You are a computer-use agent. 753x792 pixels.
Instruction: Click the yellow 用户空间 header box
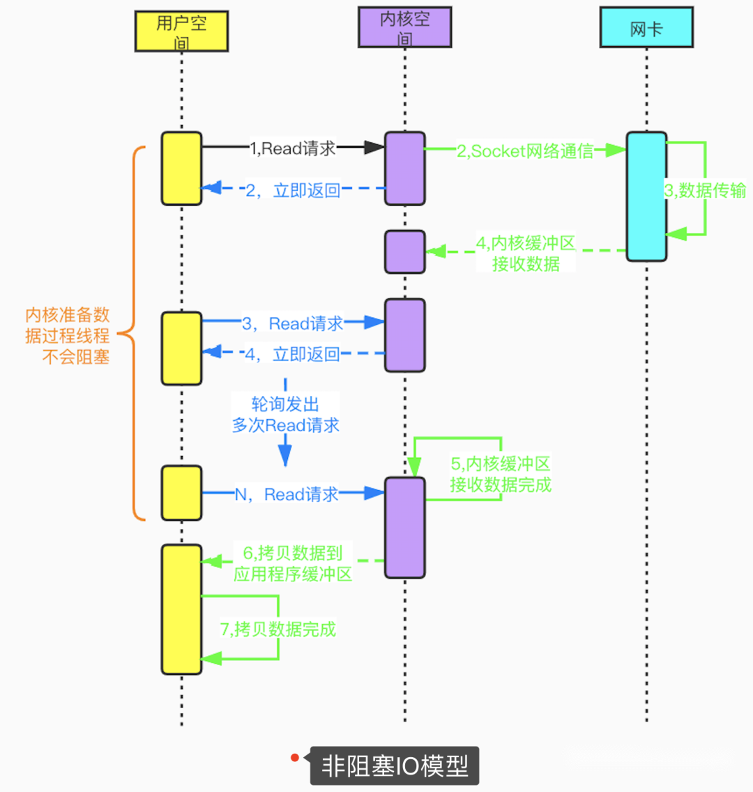[181, 31]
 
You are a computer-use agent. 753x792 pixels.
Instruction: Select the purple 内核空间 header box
[404, 27]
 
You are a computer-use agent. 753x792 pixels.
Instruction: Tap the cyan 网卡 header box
[646, 28]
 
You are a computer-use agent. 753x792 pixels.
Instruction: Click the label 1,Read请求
[293, 148]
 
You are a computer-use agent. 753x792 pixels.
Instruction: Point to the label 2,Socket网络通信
[525, 151]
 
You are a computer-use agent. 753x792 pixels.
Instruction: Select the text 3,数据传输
[705, 190]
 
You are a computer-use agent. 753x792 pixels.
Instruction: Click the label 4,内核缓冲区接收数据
[526, 253]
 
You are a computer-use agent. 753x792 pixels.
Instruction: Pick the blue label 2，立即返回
[293, 190]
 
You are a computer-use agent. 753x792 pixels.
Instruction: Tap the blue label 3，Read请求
[293, 323]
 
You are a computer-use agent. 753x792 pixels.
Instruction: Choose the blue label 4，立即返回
[292, 354]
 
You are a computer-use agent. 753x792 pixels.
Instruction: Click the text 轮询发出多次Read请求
[285, 414]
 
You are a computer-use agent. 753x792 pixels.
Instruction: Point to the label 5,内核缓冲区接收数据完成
[501, 474]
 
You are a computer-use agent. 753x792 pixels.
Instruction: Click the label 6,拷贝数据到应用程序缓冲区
[293, 563]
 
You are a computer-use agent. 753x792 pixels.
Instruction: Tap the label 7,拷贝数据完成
[278, 630]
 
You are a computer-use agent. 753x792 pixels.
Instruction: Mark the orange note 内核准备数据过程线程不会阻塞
[68, 335]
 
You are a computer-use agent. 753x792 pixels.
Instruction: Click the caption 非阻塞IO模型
[394, 766]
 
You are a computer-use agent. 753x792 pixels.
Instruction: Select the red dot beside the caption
[295, 758]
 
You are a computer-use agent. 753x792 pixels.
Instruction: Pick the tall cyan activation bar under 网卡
[646, 197]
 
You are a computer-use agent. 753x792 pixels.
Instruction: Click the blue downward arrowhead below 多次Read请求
[285, 457]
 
